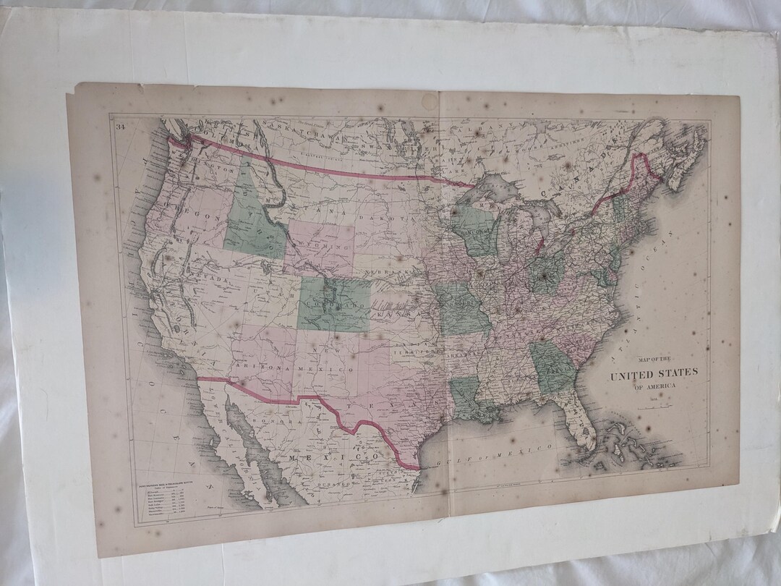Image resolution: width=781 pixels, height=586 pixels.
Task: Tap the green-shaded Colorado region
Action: (333, 302)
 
